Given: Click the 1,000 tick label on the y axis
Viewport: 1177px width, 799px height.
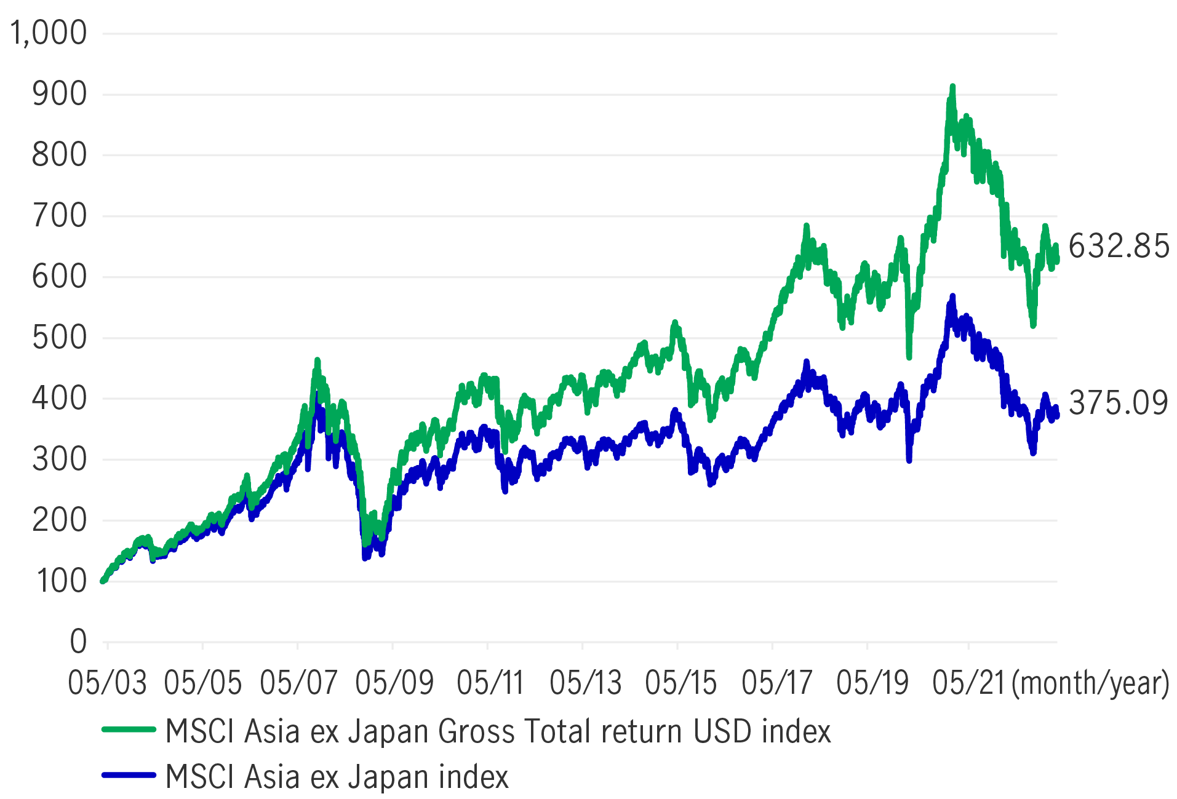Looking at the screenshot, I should pyautogui.click(x=48, y=33).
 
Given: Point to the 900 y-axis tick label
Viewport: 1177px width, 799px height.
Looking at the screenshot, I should pyautogui.click(x=59, y=94).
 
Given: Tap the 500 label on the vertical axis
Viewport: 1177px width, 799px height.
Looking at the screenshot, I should pyautogui.click(x=59, y=338).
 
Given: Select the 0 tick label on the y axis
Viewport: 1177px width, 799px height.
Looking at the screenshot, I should pyautogui.click(x=78, y=642).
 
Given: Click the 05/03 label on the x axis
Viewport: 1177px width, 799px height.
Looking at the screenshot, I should pyautogui.click(x=107, y=683).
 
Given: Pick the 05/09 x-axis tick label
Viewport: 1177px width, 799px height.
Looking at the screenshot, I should pyautogui.click(x=394, y=683).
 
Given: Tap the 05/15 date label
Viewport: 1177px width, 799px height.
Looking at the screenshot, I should pyautogui.click(x=680, y=683).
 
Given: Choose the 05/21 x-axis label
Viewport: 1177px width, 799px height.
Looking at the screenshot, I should pyautogui.click(x=968, y=683).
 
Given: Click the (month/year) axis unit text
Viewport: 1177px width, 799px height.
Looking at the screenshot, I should pyautogui.click(x=1090, y=683).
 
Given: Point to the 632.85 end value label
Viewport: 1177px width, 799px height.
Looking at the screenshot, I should pyautogui.click(x=1118, y=246).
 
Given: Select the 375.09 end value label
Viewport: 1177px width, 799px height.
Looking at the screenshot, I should pyautogui.click(x=1118, y=403).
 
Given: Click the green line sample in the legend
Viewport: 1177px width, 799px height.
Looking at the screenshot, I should pyautogui.click(x=129, y=730).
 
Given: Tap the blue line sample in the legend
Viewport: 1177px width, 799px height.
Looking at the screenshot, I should pyautogui.click(x=129, y=775).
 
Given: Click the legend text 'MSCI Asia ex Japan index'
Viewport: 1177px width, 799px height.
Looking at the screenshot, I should pyautogui.click(x=337, y=776).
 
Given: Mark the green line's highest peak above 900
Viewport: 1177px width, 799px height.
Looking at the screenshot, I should pyautogui.click(x=952, y=88).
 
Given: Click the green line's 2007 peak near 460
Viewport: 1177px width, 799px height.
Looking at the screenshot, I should pyautogui.click(x=317, y=360).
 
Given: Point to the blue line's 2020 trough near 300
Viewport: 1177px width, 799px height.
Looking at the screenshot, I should pyautogui.click(x=909, y=458).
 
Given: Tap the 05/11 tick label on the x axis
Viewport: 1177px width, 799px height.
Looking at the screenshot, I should pyautogui.click(x=490, y=683).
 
